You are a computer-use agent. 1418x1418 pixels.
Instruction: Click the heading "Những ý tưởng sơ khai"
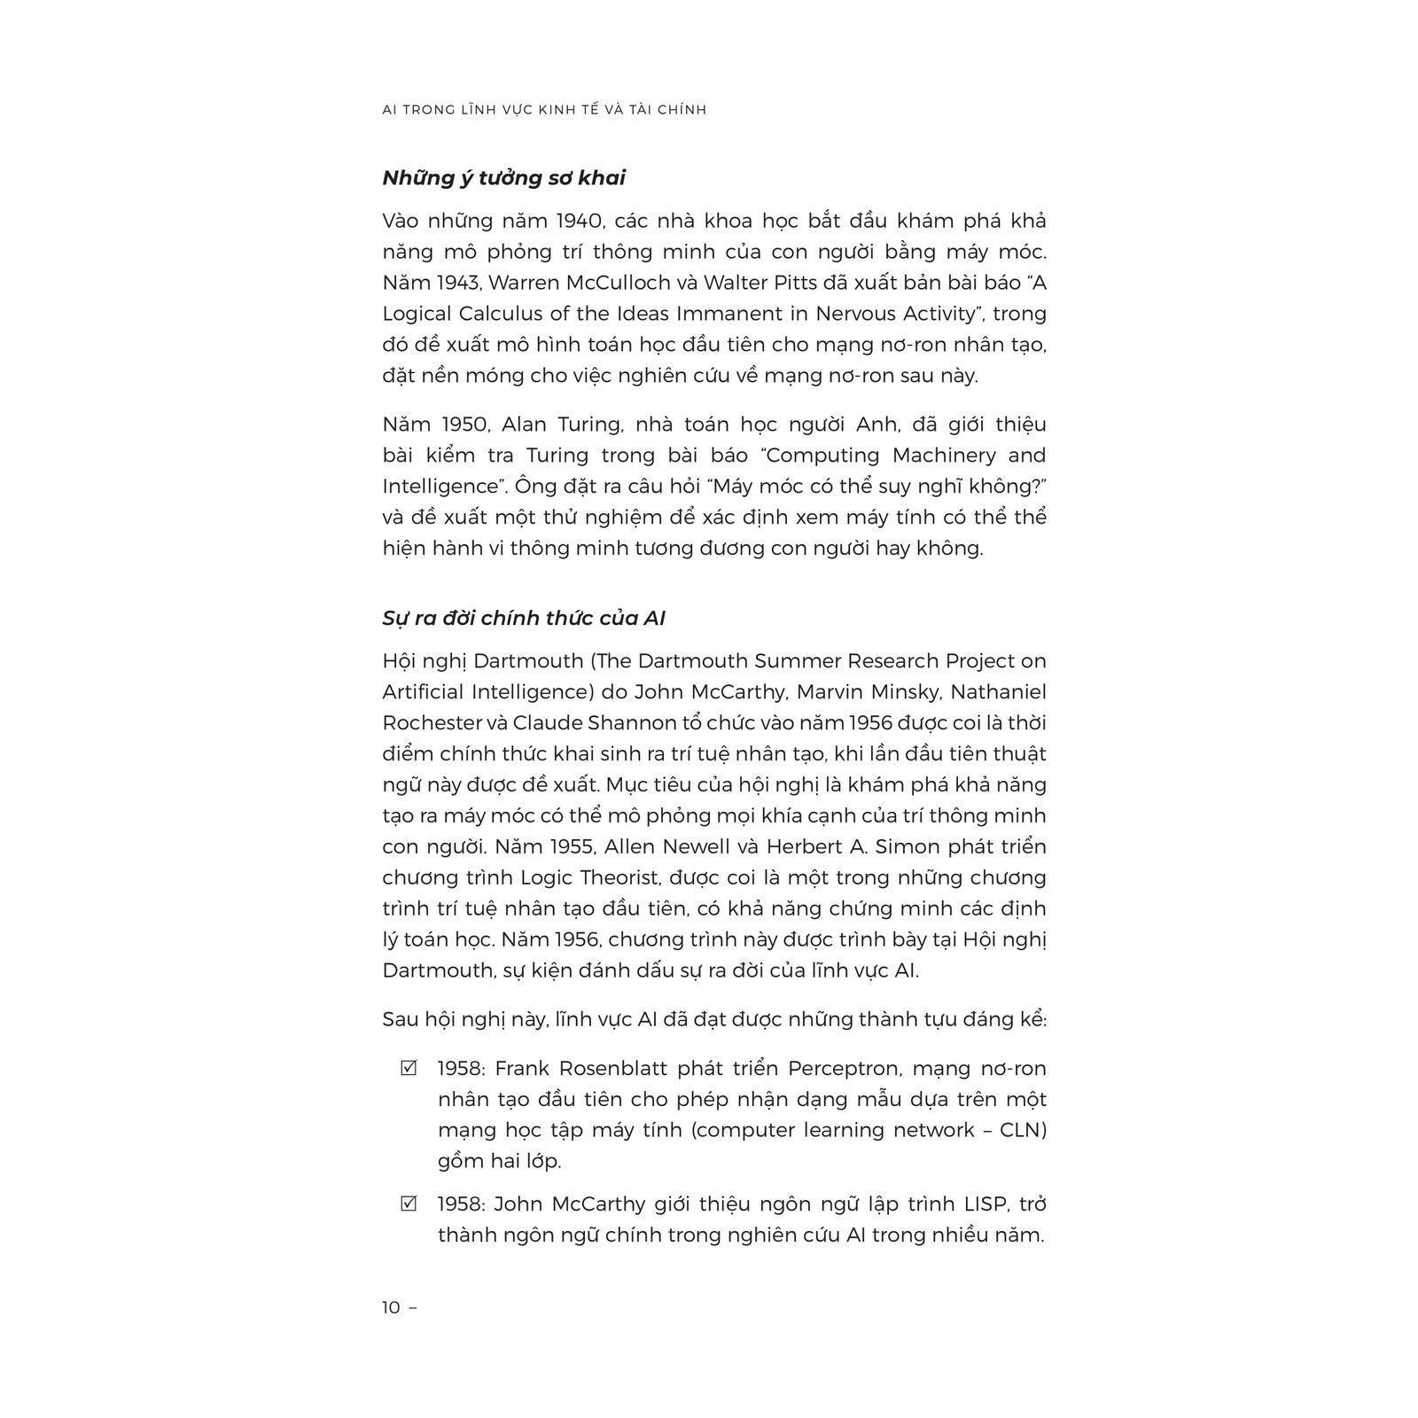[503, 178]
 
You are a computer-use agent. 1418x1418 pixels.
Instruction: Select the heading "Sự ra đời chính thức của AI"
[523, 619]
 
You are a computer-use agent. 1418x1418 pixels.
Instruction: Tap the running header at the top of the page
[544, 110]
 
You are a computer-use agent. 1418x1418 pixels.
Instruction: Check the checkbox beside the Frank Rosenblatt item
[409, 1068]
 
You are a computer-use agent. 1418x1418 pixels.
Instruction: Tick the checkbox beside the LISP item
[409, 1204]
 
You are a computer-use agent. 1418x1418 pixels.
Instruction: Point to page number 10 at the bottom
[391, 1307]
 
